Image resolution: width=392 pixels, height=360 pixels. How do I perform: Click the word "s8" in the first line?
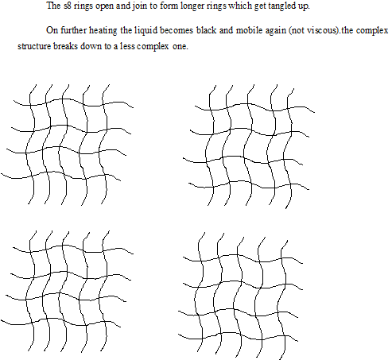[x=68, y=6]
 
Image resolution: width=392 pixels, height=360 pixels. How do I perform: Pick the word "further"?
[x=73, y=30]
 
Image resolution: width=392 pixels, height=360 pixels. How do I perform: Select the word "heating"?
[x=103, y=31]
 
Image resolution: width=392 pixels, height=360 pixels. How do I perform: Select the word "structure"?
[x=34, y=46]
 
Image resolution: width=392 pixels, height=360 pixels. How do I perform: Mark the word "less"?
[x=128, y=46]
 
